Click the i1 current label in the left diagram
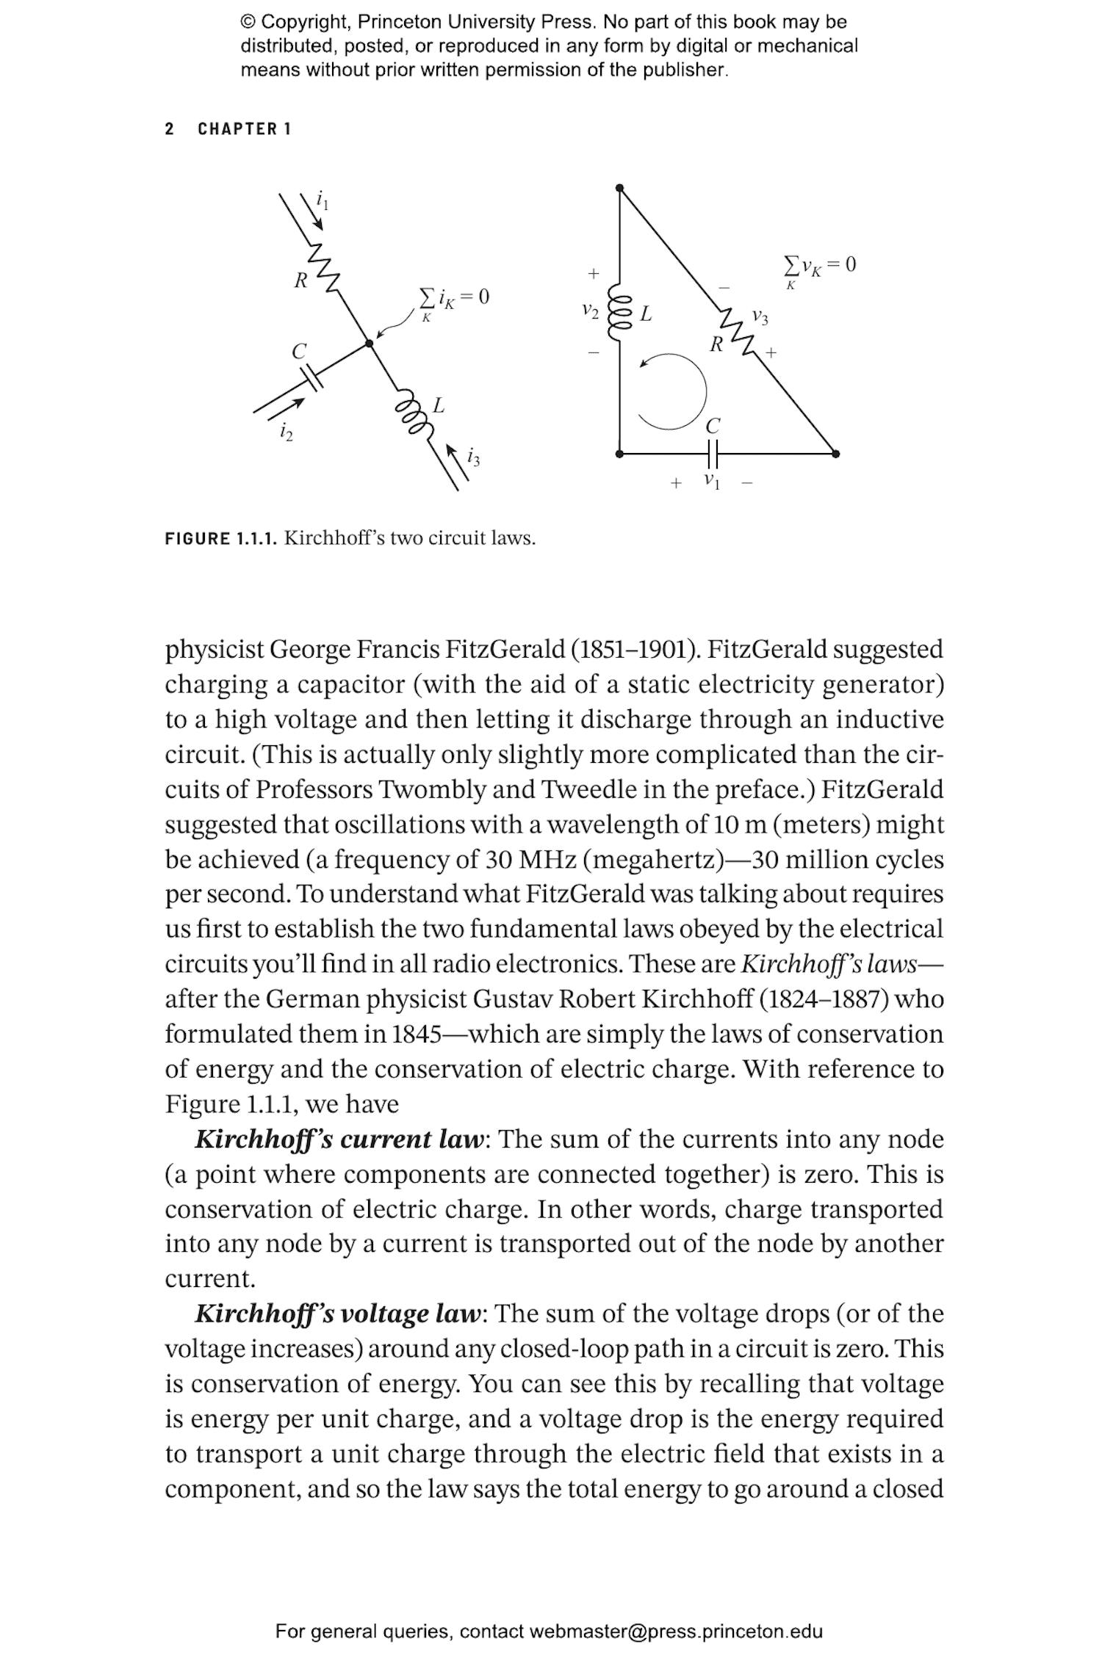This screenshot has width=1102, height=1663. (322, 199)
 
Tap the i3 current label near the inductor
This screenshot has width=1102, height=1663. (473, 457)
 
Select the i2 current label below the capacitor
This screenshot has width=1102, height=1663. (286, 432)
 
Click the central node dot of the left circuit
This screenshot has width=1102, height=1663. (370, 343)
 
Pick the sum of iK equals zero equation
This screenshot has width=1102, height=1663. (453, 299)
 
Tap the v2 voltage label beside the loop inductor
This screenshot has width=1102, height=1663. (590, 311)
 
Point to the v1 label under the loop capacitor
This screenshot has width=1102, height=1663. (711, 481)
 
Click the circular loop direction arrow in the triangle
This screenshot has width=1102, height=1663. (671, 391)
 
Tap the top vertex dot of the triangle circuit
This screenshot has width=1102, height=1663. (619, 188)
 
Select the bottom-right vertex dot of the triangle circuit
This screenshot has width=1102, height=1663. (835, 454)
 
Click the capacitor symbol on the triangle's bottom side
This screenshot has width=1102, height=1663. (711, 454)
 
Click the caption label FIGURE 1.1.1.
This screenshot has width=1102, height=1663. (221, 538)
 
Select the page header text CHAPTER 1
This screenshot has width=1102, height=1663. (244, 129)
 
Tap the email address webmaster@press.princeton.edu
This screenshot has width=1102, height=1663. (675, 1631)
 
